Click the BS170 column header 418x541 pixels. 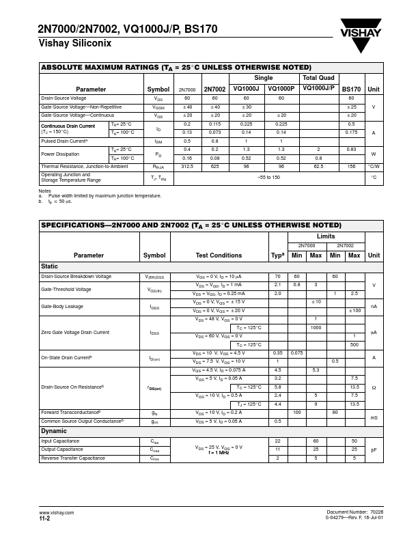click(351, 89)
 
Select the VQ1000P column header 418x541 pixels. click(281, 89)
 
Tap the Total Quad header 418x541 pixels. click(318, 78)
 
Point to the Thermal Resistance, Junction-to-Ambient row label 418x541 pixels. click(84, 166)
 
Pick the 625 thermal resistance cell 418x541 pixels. click(214, 166)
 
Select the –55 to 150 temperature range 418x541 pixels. click(268, 178)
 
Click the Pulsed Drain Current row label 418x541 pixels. click(74, 141)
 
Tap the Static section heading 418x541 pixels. click(50, 266)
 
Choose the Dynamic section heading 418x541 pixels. click(54, 431)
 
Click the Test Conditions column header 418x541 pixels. click(219, 255)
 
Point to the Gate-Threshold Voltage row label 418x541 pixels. click(66, 289)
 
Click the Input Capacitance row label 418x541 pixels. click(61, 441)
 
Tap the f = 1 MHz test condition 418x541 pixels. click(219, 453)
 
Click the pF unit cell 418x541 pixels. click(374, 449)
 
